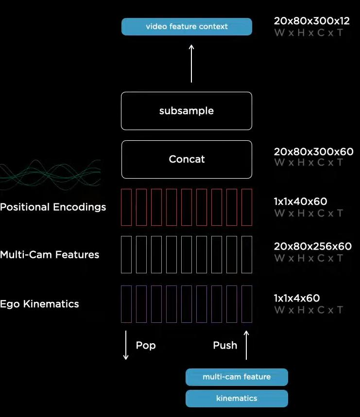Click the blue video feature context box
pyautogui.click(x=187, y=27)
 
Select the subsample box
pyautogui.click(x=187, y=111)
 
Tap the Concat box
pyautogui.click(x=187, y=159)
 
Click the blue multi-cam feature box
pyautogui.click(x=237, y=377)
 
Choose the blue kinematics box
pyautogui.click(x=237, y=398)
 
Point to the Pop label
pyautogui.click(x=146, y=345)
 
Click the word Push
pyautogui.click(x=225, y=345)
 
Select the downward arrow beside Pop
pyautogui.click(x=126, y=345)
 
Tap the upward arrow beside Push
pyautogui.click(x=246, y=345)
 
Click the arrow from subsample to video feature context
pyautogui.click(x=191, y=63)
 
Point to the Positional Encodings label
pyautogui.click(x=53, y=207)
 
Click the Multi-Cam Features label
pyautogui.click(x=50, y=255)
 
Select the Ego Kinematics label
pyautogui.click(x=39, y=304)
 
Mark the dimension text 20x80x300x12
pyautogui.click(x=311, y=21)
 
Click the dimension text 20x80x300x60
pyautogui.click(x=313, y=152)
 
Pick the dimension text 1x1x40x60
pyautogui.click(x=300, y=201)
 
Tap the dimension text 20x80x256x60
pyautogui.click(x=312, y=247)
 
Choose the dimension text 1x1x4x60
pyautogui.click(x=297, y=298)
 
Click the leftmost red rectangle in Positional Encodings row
pyautogui.click(x=126, y=207)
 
